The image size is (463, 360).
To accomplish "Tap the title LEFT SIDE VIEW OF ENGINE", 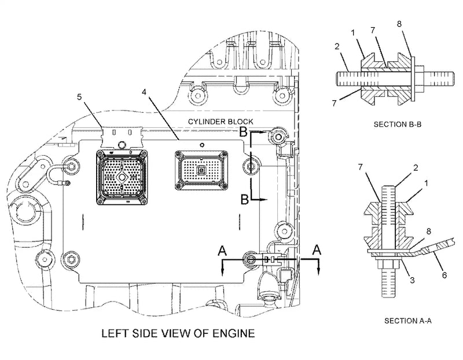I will (x=178, y=334).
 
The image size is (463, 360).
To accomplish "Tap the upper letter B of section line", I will (x=244, y=133).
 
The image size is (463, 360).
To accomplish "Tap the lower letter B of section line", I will (x=245, y=199).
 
